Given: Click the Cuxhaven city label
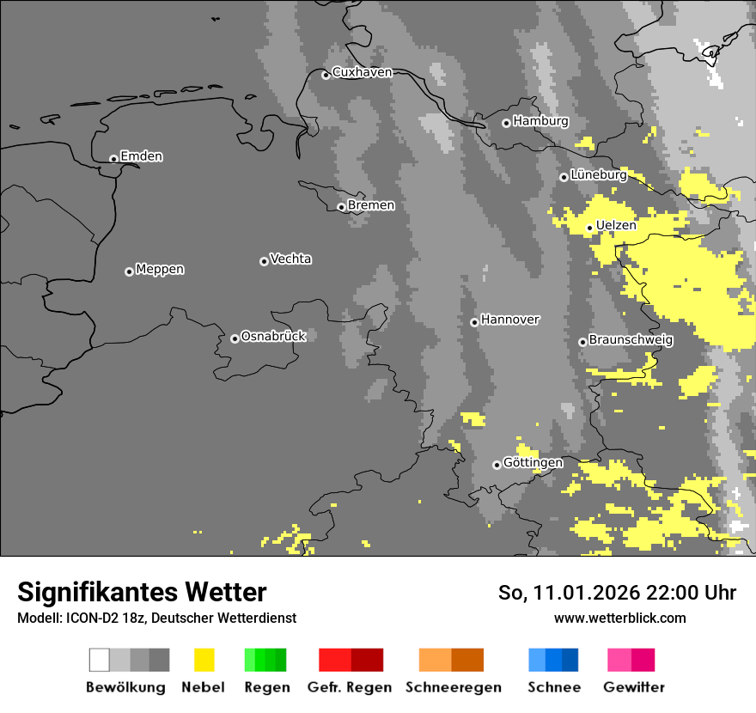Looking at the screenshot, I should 362,72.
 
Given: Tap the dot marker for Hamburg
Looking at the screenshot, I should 506,123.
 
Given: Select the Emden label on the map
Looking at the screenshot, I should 141,156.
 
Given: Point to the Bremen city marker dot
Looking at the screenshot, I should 341,207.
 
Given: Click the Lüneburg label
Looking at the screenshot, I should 598,174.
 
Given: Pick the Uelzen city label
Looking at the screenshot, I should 616,225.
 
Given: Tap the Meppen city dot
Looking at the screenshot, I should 129,271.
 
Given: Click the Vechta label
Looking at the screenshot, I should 290,259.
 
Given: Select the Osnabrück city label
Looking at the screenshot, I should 273,336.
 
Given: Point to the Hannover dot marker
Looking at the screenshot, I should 474,322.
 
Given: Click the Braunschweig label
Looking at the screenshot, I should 631,339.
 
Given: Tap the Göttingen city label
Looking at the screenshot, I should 533,462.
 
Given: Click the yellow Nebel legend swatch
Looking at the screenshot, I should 204,660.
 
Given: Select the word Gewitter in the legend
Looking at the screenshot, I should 634,687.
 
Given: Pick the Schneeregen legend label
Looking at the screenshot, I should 454,687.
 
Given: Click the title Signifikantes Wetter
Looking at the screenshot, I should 142,592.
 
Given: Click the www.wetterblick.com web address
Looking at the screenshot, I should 619,618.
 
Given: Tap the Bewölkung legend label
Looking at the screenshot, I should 125,687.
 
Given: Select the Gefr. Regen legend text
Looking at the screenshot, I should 350,687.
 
